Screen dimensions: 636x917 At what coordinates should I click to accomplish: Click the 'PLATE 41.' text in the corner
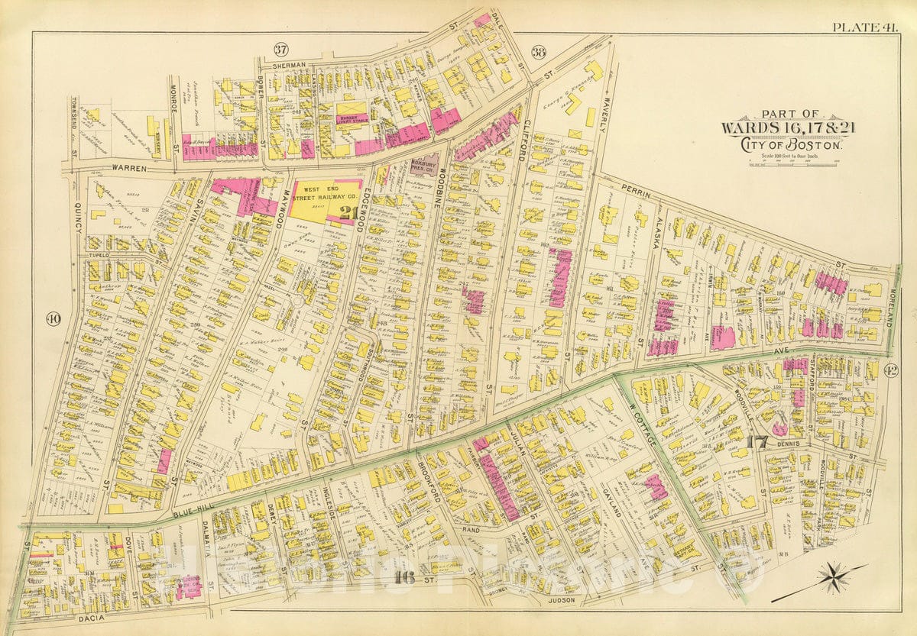(x=864, y=27)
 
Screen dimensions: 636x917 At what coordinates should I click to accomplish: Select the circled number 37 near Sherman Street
(x=281, y=50)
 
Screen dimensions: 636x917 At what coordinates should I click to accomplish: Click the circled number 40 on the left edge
(x=53, y=318)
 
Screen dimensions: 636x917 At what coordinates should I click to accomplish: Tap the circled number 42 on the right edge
(x=890, y=371)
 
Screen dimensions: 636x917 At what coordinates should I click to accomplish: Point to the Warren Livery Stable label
(x=353, y=120)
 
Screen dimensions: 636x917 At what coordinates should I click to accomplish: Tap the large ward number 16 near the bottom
(x=405, y=579)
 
